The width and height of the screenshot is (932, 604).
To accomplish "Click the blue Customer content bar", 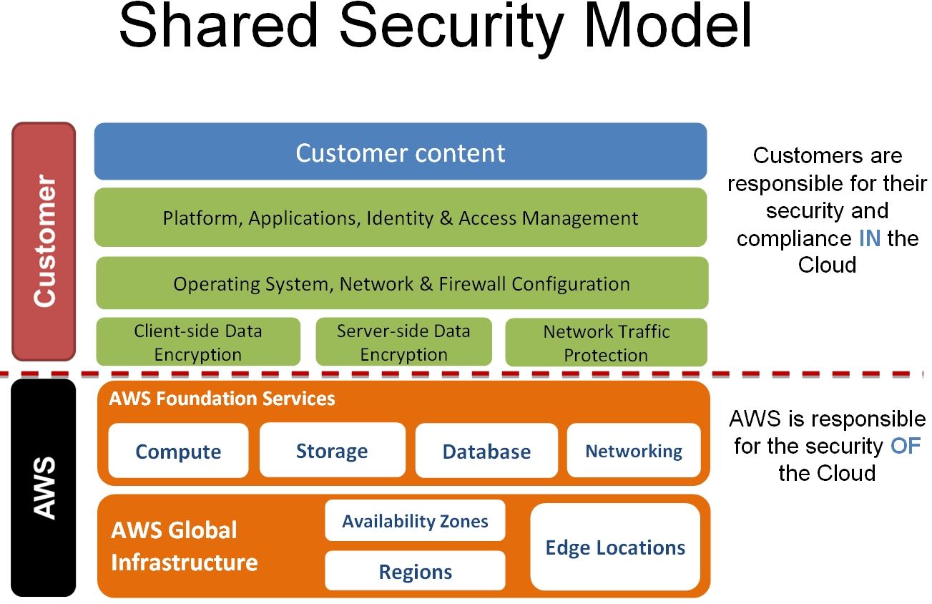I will pos(401,152).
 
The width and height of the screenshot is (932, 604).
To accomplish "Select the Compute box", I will pos(178,451).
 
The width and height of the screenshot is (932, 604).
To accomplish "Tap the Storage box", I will pos(332,450).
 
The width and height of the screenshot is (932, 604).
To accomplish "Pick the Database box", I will pos(486,451).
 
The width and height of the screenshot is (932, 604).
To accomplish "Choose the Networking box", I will pos(634,451).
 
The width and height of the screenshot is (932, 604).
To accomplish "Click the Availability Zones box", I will pos(415,520).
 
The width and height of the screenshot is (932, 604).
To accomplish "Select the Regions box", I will pos(415,571).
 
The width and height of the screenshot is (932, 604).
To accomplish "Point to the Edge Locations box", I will pos(615,547).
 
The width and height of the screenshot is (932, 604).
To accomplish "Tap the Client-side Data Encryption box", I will pos(198,342).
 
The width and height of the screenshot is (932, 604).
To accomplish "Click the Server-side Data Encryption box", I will pos(403,342).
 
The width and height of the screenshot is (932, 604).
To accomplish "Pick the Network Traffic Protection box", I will pos(606,342).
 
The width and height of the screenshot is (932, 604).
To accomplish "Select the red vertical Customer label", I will pos(44,242).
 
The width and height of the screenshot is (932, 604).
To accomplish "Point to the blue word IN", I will pos(870,238).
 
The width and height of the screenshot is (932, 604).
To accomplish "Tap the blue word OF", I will pos(906,446).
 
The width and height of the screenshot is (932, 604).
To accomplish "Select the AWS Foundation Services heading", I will pos(222,399).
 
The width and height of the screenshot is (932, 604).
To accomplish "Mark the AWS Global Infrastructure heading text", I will pos(185,546).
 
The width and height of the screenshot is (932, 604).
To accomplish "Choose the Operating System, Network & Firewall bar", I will pos(401,283).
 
